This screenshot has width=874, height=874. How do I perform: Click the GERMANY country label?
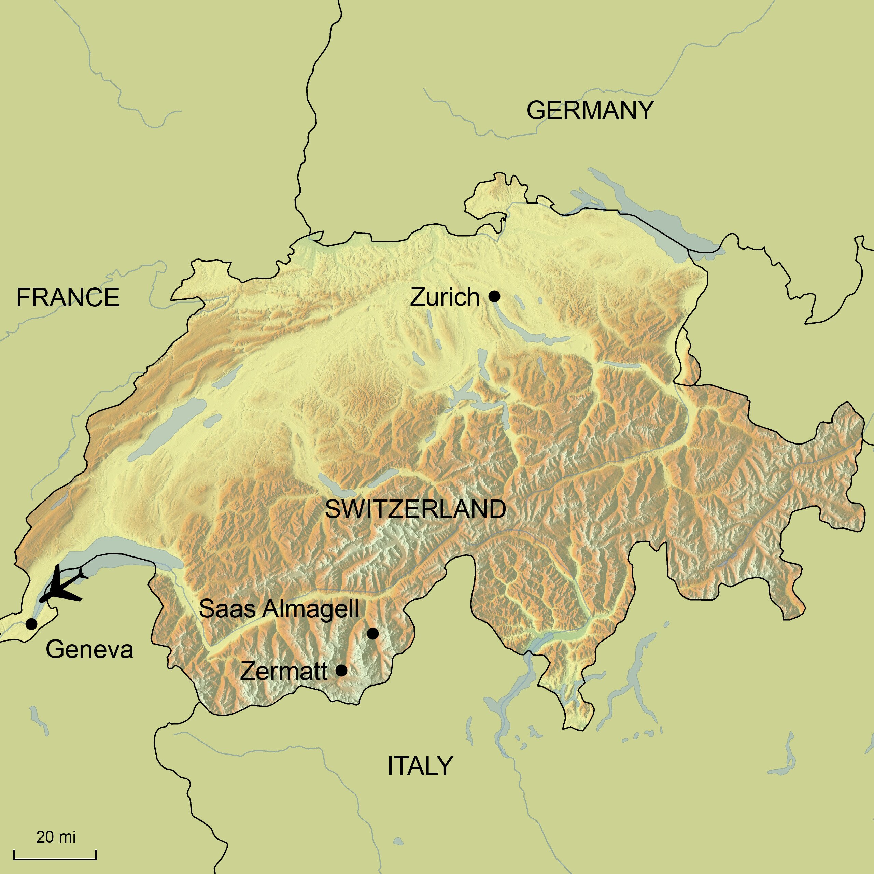pos(590,110)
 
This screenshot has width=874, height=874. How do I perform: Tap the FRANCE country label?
pos(68,298)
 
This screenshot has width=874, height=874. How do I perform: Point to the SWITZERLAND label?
pos(415,509)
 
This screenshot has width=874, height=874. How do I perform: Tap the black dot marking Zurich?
pos(494,296)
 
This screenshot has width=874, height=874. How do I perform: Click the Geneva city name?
pos(89,650)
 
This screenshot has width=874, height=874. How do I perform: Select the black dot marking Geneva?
pos(31,624)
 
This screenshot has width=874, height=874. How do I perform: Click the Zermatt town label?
pos(284,671)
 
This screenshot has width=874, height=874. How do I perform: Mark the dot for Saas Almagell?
pos(372,634)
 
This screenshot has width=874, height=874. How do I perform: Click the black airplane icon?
pos(62,587)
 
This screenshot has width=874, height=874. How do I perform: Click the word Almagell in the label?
pos(311,609)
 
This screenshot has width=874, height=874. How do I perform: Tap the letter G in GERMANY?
pos(537,110)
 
